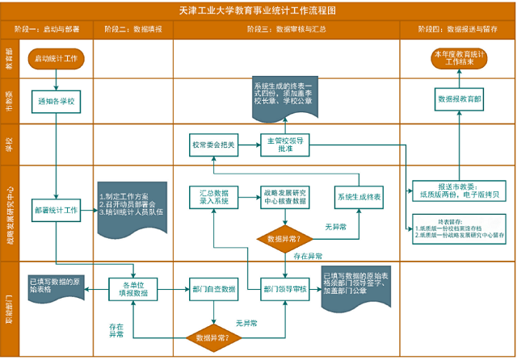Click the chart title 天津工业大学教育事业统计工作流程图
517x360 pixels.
[x=258, y=10]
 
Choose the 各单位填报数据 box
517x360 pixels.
[x=133, y=289]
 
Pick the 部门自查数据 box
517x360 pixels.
[x=213, y=289]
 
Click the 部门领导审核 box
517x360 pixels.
[x=284, y=289]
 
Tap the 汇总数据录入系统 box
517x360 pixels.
[x=213, y=198]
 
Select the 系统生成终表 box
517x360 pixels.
[x=359, y=198]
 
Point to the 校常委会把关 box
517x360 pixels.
[x=213, y=144]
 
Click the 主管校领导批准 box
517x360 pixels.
[x=284, y=144]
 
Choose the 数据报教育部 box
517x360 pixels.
[x=459, y=99]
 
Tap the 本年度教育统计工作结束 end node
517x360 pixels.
[x=459, y=58]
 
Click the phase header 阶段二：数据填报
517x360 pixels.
[x=133, y=29]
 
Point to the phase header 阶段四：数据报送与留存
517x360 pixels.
[x=457, y=29]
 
